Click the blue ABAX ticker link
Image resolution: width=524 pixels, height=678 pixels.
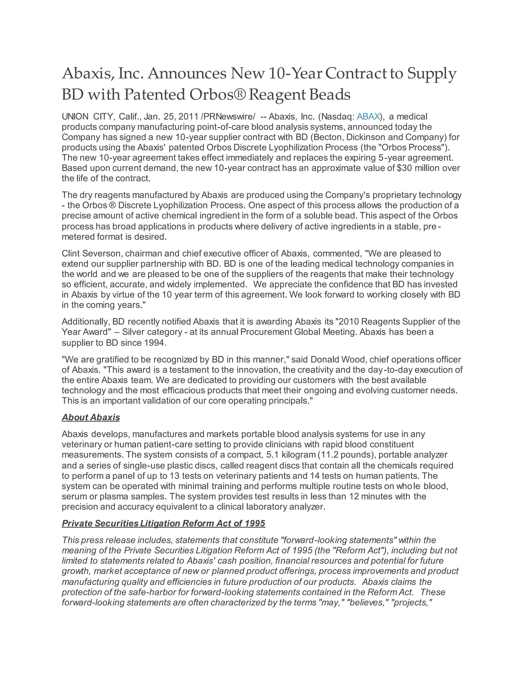368,116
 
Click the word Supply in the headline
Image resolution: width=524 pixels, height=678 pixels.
432,74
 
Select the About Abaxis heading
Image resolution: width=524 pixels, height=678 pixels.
91,417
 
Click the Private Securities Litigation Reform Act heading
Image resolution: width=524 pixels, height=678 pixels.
163,523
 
